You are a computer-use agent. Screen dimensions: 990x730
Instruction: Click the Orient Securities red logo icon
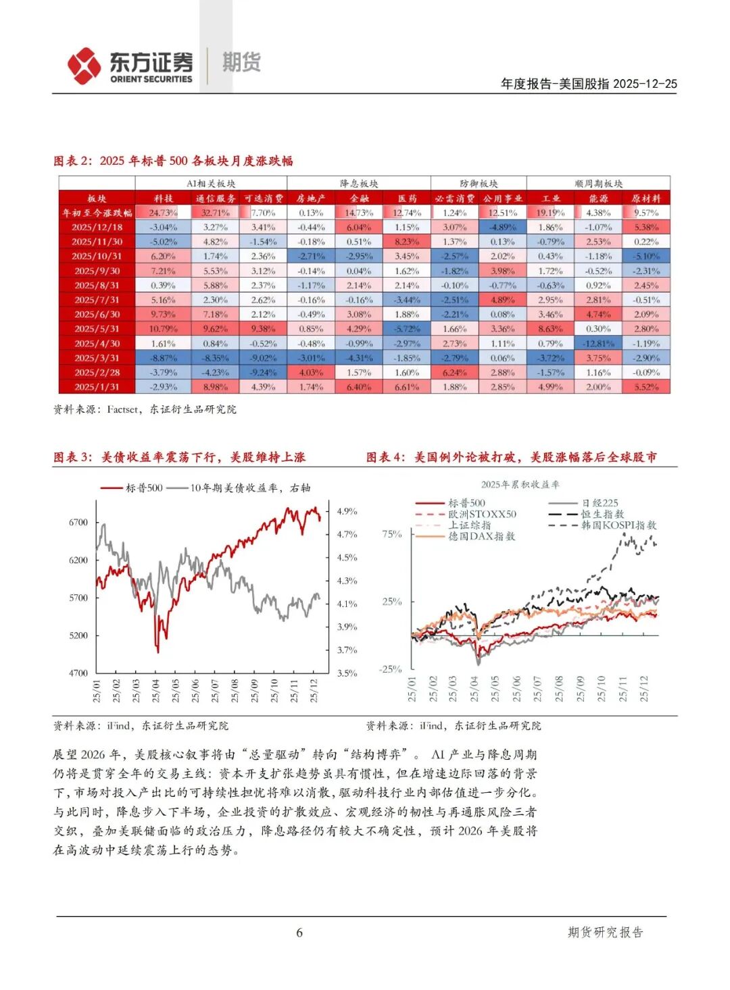tap(84, 66)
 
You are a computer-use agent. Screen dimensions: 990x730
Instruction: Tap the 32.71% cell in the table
tap(215, 213)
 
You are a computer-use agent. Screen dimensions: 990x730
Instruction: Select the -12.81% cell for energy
tap(598, 344)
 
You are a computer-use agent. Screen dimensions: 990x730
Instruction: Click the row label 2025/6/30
tap(97, 315)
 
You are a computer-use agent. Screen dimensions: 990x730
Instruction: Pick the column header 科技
tap(163, 199)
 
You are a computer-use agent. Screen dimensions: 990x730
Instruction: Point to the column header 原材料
tap(646, 199)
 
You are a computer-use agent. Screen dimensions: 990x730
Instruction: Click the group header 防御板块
tap(479, 184)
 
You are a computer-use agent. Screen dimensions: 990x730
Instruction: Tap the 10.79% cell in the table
tap(163, 330)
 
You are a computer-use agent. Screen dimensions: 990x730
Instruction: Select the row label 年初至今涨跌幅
tap(97, 213)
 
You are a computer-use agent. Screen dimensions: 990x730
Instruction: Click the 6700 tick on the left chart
tap(78, 523)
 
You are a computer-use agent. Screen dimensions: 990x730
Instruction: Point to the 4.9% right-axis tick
tap(347, 512)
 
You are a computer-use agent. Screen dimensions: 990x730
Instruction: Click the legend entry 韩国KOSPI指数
tap(618, 525)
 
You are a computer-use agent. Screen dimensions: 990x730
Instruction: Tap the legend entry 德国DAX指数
tap(481, 536)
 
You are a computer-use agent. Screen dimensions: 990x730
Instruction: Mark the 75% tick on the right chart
tap(392, 534)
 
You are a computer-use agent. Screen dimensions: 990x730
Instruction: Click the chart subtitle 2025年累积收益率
tap(520, 485)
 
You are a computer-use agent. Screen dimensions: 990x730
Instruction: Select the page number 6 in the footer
tap(299, 933)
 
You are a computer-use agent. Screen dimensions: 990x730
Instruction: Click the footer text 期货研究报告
tap(605, 933)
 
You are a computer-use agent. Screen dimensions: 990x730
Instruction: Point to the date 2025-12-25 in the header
tap(646, 84)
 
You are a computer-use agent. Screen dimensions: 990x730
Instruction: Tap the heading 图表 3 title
tap(179, 457)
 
